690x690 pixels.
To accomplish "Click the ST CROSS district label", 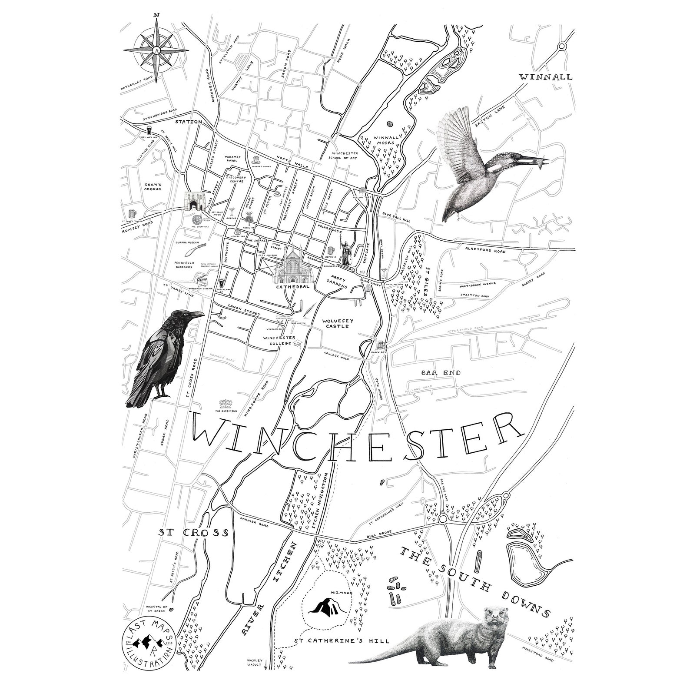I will [x=193, y=533].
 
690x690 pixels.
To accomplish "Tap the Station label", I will [x=189, y=122].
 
